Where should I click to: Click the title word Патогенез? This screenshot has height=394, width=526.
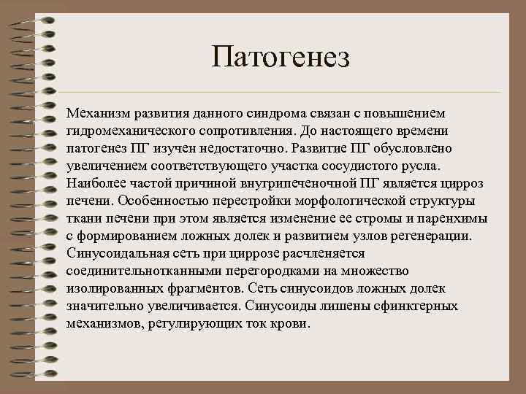point(281,57)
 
